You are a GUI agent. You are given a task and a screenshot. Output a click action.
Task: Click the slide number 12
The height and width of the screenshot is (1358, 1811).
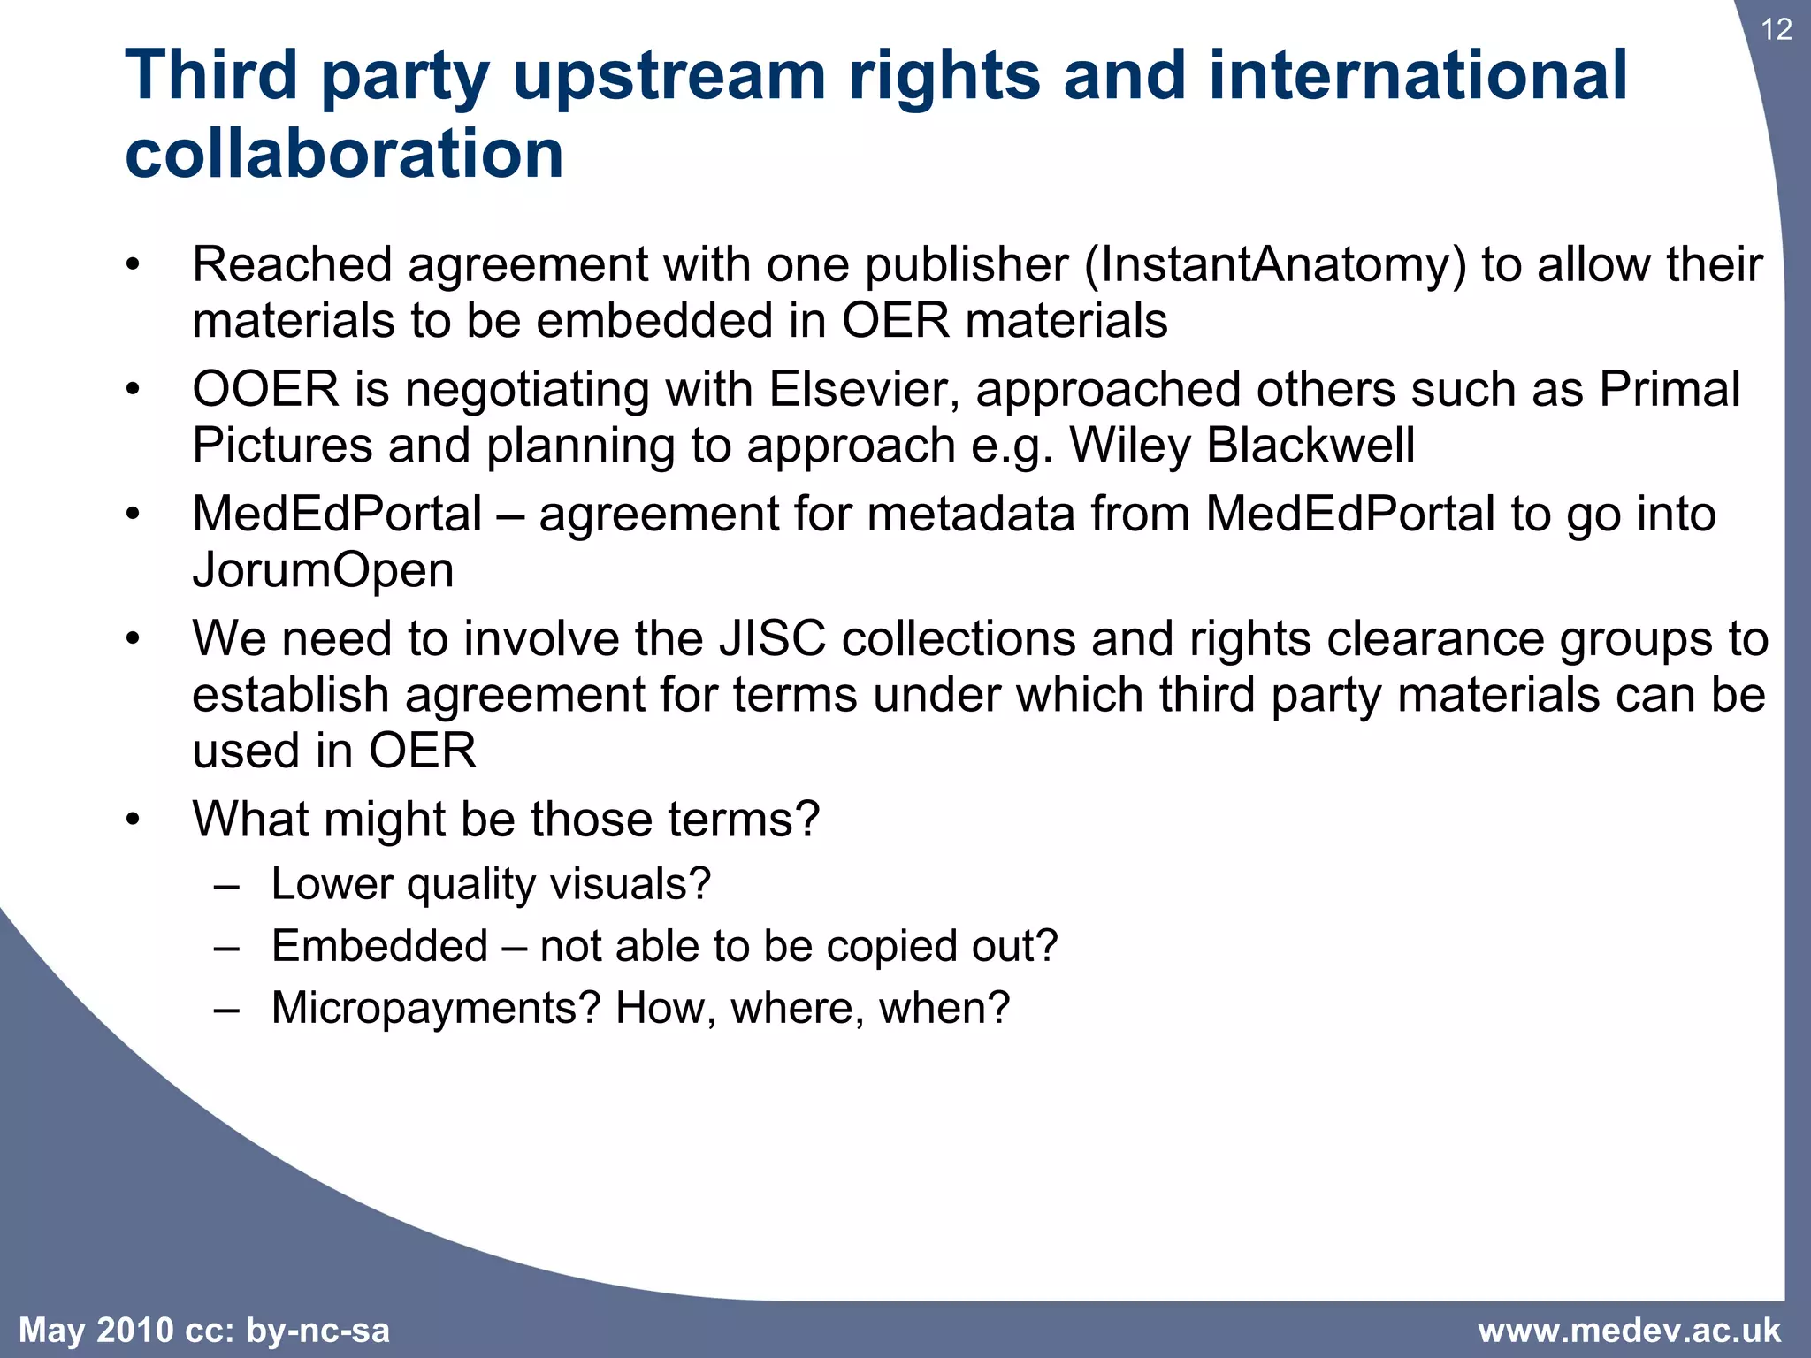tap(1776, 30)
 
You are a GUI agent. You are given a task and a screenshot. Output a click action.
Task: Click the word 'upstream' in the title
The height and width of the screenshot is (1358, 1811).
tap(669, 76)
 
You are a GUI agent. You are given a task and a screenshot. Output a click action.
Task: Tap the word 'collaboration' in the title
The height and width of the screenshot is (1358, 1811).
tap(344, 154)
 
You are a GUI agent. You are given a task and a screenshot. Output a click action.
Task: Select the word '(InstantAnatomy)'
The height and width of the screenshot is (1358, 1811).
tap(1275, 265)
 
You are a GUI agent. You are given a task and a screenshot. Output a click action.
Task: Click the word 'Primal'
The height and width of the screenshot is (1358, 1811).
tap(1670, 390)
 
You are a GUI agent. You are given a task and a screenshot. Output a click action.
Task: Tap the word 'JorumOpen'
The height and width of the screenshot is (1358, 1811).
tap(323, 570)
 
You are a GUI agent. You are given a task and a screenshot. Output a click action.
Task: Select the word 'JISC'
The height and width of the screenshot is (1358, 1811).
tap(771, 639)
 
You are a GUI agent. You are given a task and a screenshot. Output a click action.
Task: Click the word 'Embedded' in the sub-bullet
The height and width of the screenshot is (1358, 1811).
tap(379, 946)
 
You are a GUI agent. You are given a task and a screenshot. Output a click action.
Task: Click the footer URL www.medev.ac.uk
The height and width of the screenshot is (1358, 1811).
tap(1629, 1331)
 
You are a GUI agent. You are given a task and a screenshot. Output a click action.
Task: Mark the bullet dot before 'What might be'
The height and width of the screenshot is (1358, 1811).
tap(133, 820)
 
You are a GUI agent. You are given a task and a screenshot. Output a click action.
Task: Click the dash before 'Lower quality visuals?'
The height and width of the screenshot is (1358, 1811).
tap(226, 884)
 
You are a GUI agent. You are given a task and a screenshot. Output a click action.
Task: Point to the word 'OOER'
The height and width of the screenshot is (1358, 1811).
tap(265, 390)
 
